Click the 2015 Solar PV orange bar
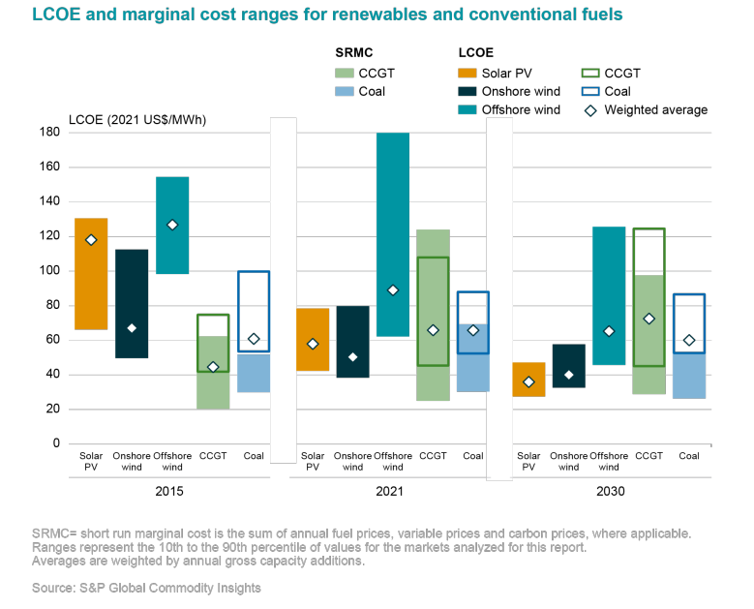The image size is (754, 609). click(x=91, y=274)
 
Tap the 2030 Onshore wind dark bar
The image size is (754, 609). click(x=568, y=365)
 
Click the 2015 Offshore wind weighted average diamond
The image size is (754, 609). click(x=172, y=225)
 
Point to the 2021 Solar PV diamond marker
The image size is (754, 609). click(x=312, y=344)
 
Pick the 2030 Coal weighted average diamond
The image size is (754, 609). click(x=688, y=340)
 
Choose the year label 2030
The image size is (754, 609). click(x=610, y=492)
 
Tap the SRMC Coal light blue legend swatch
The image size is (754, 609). click(x=345, y=92)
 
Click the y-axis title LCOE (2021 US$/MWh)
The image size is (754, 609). click(x=137, y=120)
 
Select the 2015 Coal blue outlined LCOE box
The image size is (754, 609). click(x=254, y=311)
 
